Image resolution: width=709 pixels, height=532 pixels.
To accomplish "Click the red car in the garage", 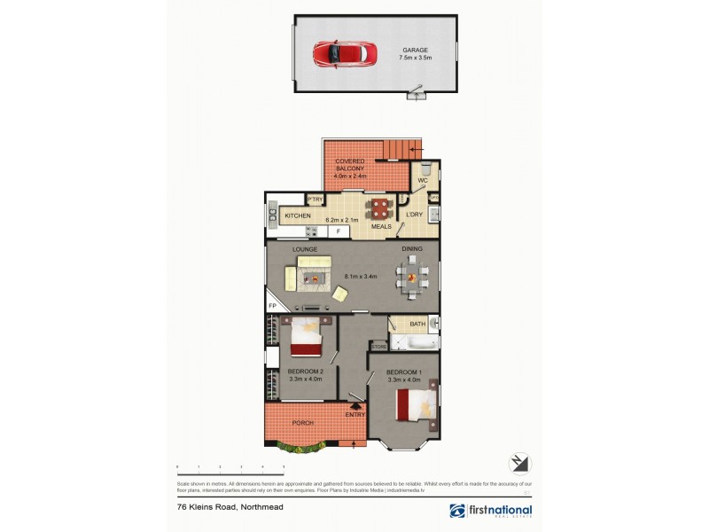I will pyautogui.click(x=337, y=53).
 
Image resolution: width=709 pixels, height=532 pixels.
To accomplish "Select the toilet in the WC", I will pyautogui.click(x=425, y=168).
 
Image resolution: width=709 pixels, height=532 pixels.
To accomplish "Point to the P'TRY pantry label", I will pyautogui.click(x=315, y=200).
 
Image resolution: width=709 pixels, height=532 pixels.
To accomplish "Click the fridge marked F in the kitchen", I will pyautogui.click(x=338, y=231).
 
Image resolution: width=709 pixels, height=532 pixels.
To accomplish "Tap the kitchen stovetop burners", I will pyautogui.click(x=312, y=231).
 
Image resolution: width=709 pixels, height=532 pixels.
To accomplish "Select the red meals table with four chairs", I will pyautogui.click(x=380, y=209).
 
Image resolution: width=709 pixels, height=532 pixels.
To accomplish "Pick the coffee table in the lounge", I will pyautogui.click(x=314, y=279).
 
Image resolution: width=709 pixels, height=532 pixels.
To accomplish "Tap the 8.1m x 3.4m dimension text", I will pyautogui.click(x=361, y=277).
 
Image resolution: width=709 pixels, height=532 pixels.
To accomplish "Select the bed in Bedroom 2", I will pyautogui.click(x=308, y=336).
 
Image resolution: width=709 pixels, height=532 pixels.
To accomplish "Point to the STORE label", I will pyautogui.click(x=378, y=347).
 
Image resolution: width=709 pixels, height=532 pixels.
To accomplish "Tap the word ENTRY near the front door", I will pyautogui.click(x=355, y=415).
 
